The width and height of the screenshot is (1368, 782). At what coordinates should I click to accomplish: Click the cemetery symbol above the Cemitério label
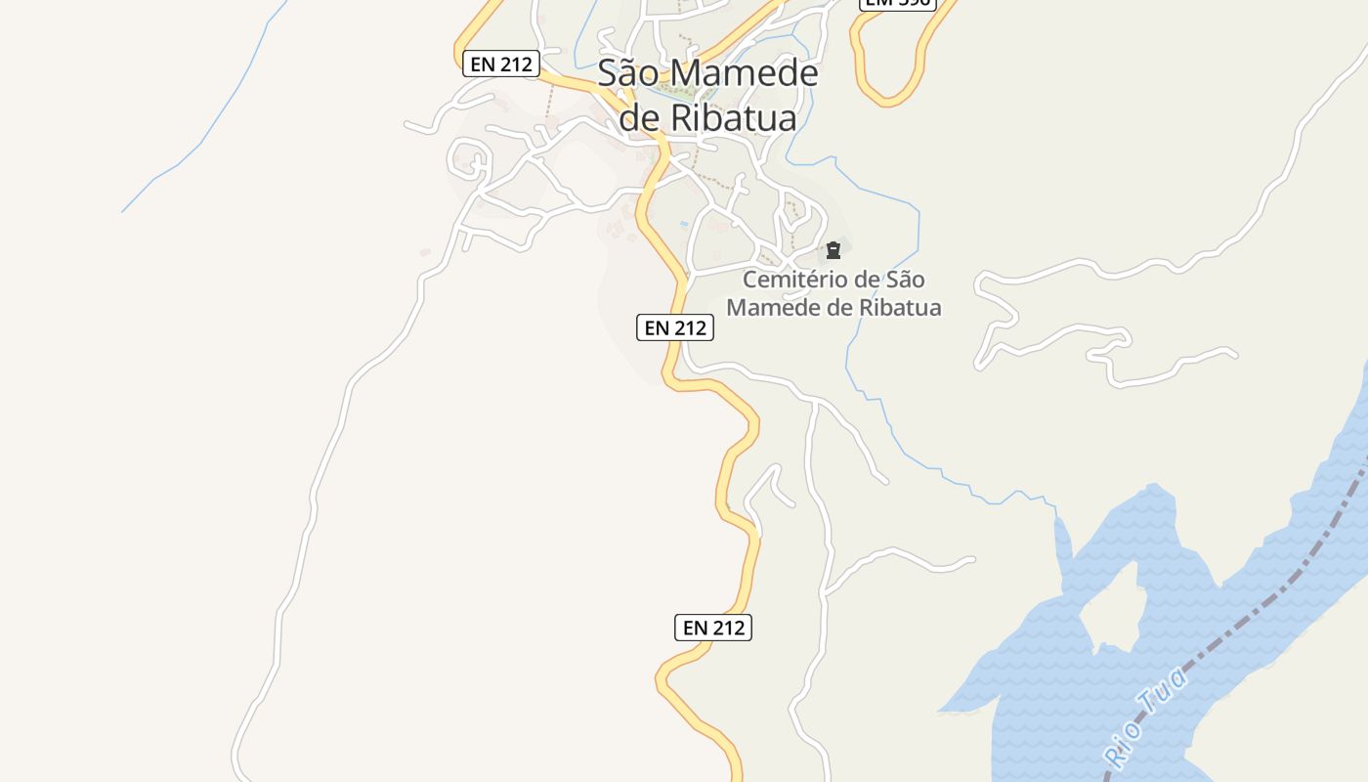(834, 250)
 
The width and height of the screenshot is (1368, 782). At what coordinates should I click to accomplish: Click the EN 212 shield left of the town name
(501, 65)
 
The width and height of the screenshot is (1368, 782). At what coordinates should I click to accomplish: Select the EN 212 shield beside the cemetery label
(675, 328)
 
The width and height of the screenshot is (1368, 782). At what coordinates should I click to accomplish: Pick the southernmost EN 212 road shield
(713, 628)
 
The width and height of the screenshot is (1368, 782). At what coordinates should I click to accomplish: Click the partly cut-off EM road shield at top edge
(897, 4)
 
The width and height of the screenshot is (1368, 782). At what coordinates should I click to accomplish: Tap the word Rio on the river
(1119, 743)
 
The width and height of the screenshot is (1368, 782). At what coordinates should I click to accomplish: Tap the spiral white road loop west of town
(469, 159)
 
